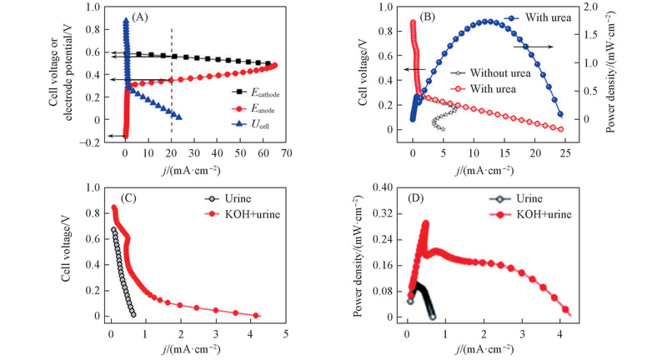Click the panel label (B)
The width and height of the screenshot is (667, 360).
tap(444, 15)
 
